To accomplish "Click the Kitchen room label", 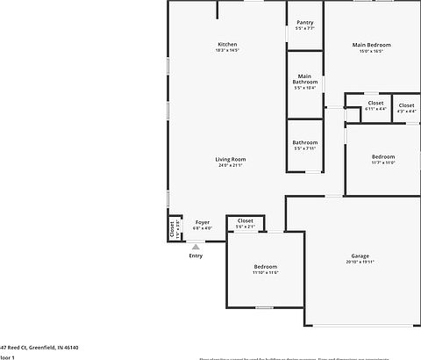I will [x=227, y=44].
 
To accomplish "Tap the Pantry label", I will [x=304, y=23].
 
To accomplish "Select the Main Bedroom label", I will [x=371, y=44].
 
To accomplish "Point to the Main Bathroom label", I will [x=304, y=79].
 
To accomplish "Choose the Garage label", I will [x=360, y=256].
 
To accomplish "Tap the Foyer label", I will [x=203, y=222].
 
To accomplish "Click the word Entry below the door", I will [x=196, y=256].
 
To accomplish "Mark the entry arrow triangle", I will [x=195, y=246].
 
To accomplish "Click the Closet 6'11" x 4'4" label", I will [x=375, y=104].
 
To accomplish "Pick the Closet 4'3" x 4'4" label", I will [x=407, y=104].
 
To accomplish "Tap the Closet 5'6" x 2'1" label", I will [x=246, y=221].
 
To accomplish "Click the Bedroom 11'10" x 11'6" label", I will [x=266, y=266].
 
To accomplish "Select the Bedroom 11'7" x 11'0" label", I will [x=383, y=156].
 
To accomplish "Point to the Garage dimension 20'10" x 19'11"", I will [x=360, y=263].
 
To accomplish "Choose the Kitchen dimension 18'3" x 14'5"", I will [x=227, y=50].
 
